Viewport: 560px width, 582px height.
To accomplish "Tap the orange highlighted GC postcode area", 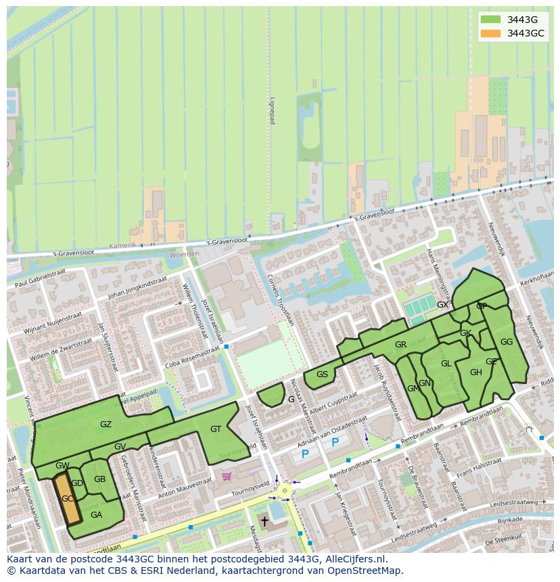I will pos(67,498).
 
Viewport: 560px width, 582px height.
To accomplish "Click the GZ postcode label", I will pos(106,425).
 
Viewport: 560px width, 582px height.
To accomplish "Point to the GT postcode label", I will pos(216,429).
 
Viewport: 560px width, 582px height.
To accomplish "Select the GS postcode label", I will pos(322,374).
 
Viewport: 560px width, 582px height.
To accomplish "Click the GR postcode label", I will pos(400,345).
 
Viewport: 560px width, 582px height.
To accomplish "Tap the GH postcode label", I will pos(475,372).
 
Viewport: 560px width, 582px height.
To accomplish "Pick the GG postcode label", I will pos(506,342).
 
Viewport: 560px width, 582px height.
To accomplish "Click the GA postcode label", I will pos(96,514).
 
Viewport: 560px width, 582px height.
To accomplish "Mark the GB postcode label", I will pos(99,479).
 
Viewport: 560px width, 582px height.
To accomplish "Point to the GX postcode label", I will pos(442,305).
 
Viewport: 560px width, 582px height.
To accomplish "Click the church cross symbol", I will pos(264,522).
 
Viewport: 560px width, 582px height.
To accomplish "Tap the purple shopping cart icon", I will pos(227,476).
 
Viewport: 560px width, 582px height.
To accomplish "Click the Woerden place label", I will pos(184,254).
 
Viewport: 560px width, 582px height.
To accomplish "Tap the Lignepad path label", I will pos(273,109).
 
